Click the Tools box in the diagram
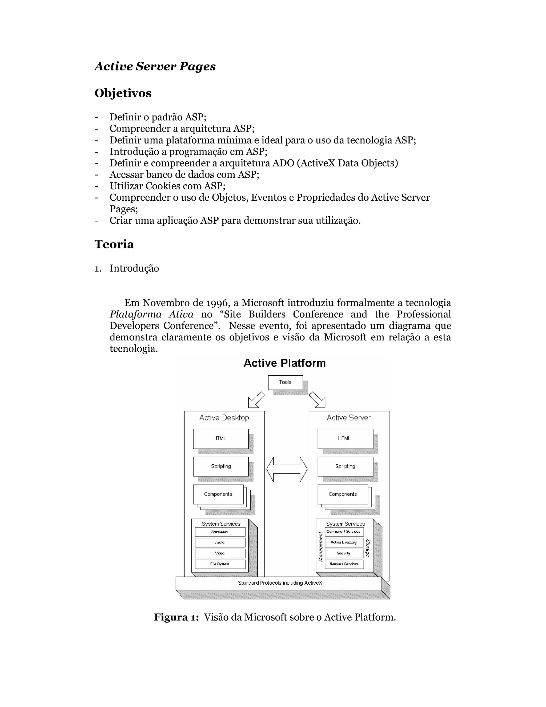[x=285, y=382]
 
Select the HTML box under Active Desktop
[x=220, y=439]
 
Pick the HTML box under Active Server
[x=345, y=439]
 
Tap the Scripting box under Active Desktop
[x=220, y=466]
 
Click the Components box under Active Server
[x=343, y=494]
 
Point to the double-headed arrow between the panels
[x=287, y=469]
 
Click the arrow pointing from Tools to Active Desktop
[x=256, y=400]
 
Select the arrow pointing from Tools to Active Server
[x=317, y=400]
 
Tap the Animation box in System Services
[x=220, y=531]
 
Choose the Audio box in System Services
[x=220, y=542]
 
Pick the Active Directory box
[x=344, y=542]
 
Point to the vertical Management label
[x=320, y=547]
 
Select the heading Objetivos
[x=123, y=93]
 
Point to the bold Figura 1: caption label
[x=176, y=617]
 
